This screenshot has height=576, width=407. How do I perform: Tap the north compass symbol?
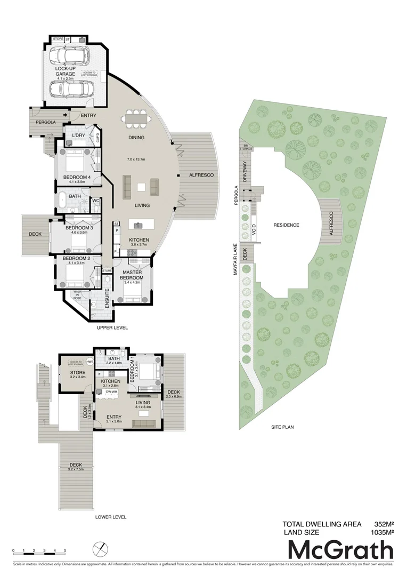click(99, 549)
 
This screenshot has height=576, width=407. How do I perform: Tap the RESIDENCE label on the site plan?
click(286, 225)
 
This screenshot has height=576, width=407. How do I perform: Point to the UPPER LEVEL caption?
click(112, 328)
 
